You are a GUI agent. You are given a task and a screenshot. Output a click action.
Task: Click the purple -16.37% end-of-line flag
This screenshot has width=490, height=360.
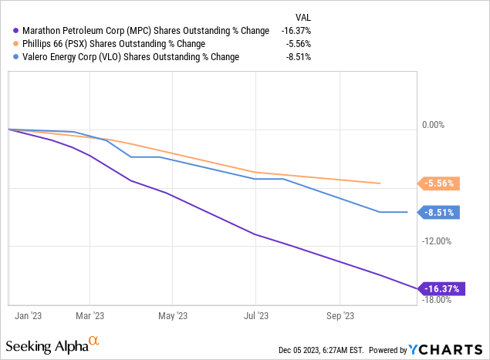click(440, 289)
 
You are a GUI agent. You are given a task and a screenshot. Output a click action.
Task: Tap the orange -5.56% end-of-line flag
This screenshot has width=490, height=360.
click(440, 183)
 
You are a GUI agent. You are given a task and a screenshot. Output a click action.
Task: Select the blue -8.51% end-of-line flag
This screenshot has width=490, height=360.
click(440, 213)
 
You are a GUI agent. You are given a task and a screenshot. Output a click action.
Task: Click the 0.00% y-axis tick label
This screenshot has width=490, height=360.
click(434, 125)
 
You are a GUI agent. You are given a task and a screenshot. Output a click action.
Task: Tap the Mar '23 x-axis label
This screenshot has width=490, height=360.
click(91, 315)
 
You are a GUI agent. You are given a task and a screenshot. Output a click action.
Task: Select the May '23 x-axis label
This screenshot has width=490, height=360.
click(173, 315)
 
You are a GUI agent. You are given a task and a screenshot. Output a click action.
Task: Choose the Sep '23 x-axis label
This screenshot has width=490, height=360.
click(340, 315)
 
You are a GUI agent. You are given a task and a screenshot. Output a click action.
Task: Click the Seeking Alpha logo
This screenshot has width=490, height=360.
click(52, 344)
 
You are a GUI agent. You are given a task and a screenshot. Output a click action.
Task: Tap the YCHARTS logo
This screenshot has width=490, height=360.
click(447, 349)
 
